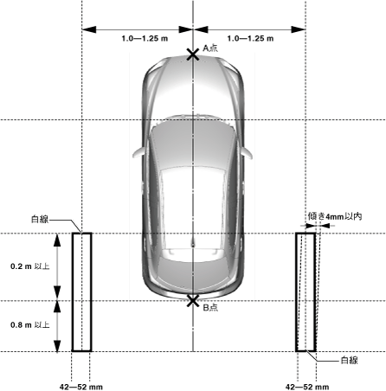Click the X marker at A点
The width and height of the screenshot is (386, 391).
[193, 54]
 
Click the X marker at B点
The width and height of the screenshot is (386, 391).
[193, 301]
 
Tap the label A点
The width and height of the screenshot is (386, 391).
[210, 48]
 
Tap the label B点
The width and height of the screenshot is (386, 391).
[210, 308]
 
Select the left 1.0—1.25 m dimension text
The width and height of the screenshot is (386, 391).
[145, 38]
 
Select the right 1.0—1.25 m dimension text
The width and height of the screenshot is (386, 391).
[250, 38]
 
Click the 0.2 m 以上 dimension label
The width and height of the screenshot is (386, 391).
[30, 266]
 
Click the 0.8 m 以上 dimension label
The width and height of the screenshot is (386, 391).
[30, 325]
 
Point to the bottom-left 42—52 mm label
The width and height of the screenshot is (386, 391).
[81, 387]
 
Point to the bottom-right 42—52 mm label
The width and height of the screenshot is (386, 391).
[307, 387]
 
